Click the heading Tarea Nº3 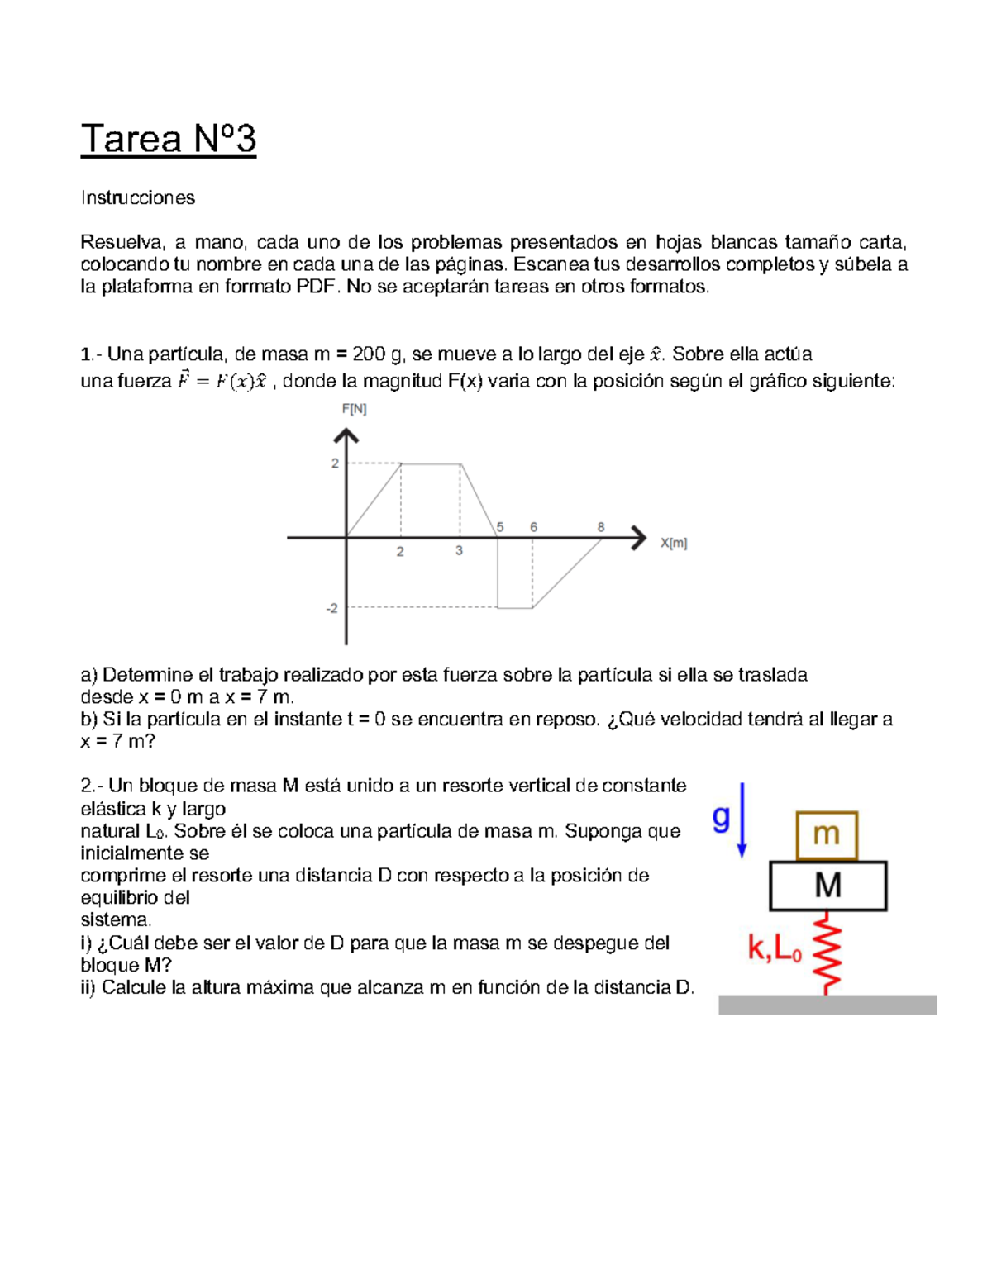pyautogui.click(x=168, y=138)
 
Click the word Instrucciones pyautogui.click(x=137, y=197)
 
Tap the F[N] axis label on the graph pyautogui.click(x=354, y=409)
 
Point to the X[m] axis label pyautogui.click(x=674, y=543)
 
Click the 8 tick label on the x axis pyautogui.click(x=601, y=526)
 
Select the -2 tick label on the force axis pyautogui.click(x=331, y=608)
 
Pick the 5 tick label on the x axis pyautogui.click(x=500, y=526)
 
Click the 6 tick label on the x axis pyautogui.click(x=533, y=526)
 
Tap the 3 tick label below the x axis pyautogui.click(x=459, y=550)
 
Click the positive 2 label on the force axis pyautogui.click(x=335, y=463)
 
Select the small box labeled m pyautogui.click(x=827, y=834)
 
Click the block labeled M pyautogui.click(x=827, y=886)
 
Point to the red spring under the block pyautogui.click(x=827, y=953)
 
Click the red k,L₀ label pyautogui.click(x=774, y=948)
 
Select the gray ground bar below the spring pyautogui.click(x=827, y=1005)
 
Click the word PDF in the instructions pyautogui.click(x=315, y=287)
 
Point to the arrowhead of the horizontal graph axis pyautogui.click(x=639, y=538)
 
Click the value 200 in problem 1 pyautogui.click(x=369, y=354)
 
